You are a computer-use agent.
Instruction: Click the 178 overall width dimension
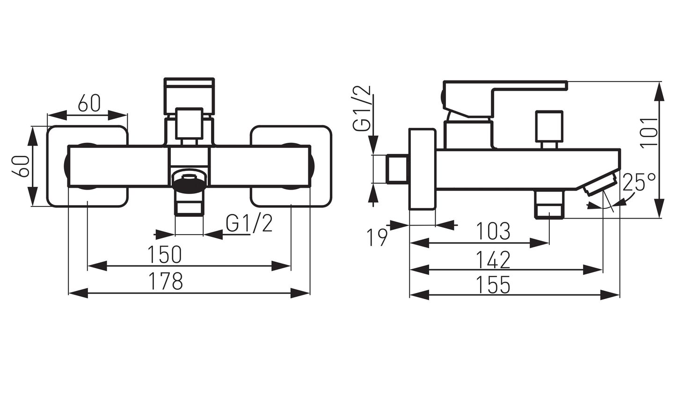point(166,281)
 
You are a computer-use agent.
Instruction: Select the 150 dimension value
point(165,254)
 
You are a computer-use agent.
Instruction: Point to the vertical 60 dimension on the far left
point(21,166)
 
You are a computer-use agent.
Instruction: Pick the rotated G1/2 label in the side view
point(362,109)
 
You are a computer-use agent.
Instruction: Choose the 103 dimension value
point(494,231)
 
